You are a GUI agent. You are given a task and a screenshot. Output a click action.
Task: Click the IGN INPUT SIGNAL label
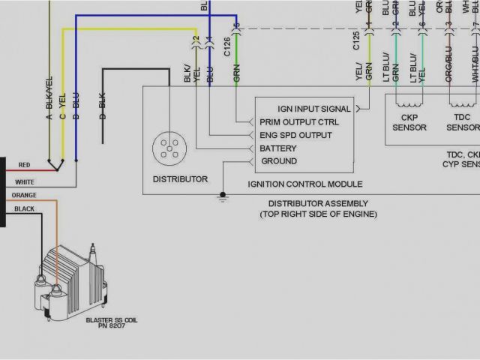click(x=313, y=109)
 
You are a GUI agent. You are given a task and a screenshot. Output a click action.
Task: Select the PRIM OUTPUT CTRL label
click(x=298, y=122)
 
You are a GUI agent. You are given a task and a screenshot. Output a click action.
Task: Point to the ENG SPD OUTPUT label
click(x=295, y=135)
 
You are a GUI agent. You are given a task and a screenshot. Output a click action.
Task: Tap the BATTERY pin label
click(x=278, y=148)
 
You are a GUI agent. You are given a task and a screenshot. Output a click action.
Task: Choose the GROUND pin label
click(x=278, y=161)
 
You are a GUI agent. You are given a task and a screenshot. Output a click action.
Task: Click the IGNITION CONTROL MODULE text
click(x=304, y=184)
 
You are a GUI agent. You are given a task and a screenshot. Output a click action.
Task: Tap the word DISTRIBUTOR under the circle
click(x=180, y=179)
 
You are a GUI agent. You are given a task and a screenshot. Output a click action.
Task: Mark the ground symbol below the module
click(x=222, y=197)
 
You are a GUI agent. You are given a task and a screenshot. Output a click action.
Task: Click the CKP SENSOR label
click(x=409, y=123)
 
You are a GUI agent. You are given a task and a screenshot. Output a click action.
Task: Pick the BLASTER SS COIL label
click(x=112, y=320)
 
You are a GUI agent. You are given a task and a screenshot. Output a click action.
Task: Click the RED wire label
click(x=24, y=165)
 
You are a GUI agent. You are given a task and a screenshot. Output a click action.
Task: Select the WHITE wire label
click(x=25, y=182)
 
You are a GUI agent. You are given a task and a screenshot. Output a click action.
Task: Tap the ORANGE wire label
click(x=23, y=196)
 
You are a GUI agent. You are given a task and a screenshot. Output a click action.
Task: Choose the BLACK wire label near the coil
click(x=24, y=209)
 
